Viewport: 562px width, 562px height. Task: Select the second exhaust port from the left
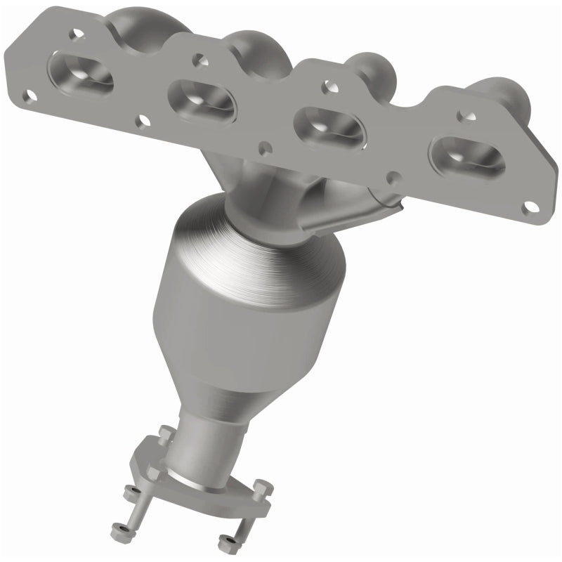pyautogui.click(x=202, y=98)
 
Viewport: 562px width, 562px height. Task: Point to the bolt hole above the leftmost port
pyautogui.click(x=74, y=32)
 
